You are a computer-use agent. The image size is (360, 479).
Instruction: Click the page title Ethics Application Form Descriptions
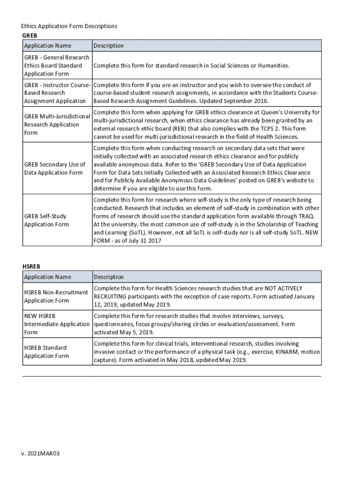point(69,26)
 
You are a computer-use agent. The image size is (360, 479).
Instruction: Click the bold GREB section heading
point(29,35)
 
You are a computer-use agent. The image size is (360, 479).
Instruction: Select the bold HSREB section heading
point(31,267)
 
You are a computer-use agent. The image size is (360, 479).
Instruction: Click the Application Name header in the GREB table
point(48,46)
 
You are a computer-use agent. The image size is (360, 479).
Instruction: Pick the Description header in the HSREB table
point(108,277)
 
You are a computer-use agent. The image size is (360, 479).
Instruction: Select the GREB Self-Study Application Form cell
point(46,220)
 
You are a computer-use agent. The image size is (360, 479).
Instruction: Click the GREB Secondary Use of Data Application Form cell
point(54,168)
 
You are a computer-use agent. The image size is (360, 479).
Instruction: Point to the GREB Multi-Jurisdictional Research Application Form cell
point(57,124)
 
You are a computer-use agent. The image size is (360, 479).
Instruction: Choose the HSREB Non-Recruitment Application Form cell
point(56,297)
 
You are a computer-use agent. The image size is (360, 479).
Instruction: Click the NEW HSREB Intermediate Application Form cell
point(56,324)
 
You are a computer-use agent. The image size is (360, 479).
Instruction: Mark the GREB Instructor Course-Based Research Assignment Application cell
point(56,93)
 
